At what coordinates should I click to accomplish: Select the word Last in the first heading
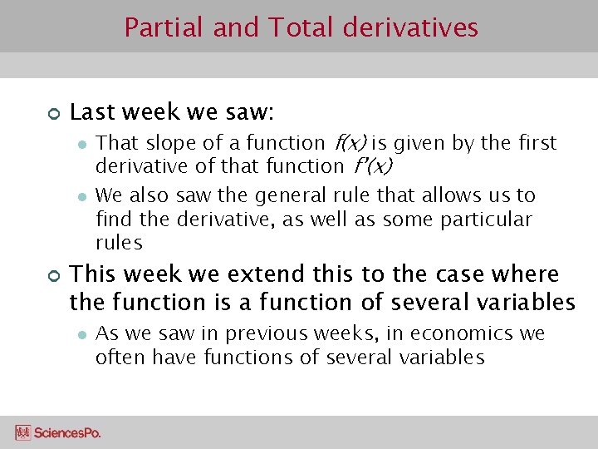[x=91, y=111]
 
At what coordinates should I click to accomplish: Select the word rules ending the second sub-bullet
[x=119, y=244]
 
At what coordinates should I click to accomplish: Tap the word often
[x=116, y=358]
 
